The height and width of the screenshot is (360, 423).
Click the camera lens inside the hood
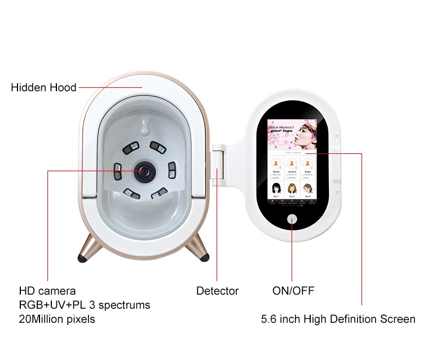click(x=145, y=170)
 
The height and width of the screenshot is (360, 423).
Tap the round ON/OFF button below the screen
click(x=292, y=220)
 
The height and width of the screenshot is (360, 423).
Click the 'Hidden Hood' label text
click(x=43, y=88)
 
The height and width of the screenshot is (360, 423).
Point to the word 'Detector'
click(x=217, y=291)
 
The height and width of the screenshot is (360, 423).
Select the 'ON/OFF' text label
click(x=293, y=291)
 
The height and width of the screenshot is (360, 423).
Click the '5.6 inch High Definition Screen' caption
click(x=338, y=319)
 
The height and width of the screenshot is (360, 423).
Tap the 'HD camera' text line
click(x=47, y=291)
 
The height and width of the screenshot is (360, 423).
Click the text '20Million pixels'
click(x=57, y=319)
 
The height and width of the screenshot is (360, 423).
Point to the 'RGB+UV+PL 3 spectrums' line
click(x=85, y=305)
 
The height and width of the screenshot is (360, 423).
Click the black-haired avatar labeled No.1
click(x=276, y=188)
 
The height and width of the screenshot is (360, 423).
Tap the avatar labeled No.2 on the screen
click(x=292, y=188)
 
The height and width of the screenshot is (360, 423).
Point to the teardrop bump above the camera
click(x=145, y=125)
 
